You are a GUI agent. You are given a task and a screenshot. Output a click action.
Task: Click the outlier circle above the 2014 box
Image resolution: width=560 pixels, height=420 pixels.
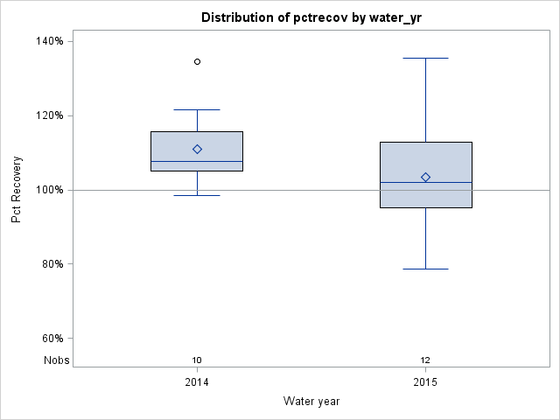(x=197, y=61)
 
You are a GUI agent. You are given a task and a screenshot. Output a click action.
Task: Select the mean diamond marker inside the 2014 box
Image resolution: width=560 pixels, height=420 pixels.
(x=197, y=149)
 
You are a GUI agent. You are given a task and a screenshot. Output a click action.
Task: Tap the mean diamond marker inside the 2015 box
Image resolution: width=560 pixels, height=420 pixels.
(x=425, y=177)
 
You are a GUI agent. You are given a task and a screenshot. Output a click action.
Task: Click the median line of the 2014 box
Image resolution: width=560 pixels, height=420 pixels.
(x=197, y=161)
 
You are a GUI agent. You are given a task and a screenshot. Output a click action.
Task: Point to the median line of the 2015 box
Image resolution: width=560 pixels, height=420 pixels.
(x=425, y=182)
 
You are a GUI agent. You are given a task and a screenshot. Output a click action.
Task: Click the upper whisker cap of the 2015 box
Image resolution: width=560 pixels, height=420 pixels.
(x=425, y=58)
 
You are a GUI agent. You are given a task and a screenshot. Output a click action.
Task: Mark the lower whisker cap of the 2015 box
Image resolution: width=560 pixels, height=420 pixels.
(x=425, y=269)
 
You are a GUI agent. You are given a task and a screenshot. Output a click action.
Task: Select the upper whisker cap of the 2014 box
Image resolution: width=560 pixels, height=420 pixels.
(x=197, y=109)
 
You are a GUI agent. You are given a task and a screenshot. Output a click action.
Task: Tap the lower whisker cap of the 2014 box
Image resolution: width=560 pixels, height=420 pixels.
(x=197, y=195)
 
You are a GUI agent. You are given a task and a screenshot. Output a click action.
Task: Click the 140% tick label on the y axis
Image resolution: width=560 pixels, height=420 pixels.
(x=48, y=41)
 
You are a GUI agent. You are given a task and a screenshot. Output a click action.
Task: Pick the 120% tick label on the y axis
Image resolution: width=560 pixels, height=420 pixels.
(x=48, y=115)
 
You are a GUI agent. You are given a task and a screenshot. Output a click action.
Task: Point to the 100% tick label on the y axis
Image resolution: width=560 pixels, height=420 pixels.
(x=48, y=190)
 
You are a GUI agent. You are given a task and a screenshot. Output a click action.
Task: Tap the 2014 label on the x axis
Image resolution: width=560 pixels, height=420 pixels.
(x=197, y=382)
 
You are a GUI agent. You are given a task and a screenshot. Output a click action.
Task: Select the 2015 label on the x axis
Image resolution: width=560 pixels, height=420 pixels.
(x=425, y=382)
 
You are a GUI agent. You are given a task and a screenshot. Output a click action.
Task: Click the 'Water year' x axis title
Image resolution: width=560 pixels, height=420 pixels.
(x=311, y=402)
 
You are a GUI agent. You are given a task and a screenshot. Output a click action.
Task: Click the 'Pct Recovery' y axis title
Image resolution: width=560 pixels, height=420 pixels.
(x=17, y=190)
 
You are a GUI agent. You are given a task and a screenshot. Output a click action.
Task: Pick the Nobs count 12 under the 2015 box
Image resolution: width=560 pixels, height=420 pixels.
(x=425, y=360)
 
